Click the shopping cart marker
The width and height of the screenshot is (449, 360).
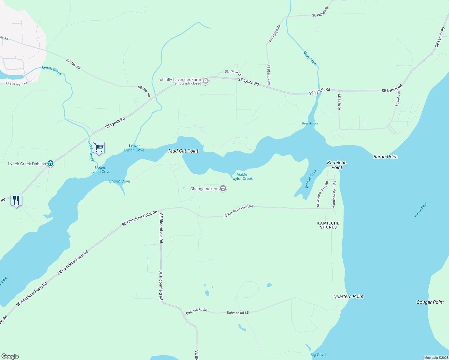point(99,148)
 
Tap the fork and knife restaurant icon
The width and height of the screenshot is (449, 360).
point(16,200)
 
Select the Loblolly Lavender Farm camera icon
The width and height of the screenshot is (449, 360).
point(206,81)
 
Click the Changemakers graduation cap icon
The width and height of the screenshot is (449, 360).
point(223,189)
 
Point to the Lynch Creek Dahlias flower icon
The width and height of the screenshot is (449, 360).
point(50,163)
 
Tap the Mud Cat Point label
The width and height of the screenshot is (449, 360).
point(183,151)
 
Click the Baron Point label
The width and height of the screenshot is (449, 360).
point(385,157)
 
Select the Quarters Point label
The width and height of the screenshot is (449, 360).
point(348,296)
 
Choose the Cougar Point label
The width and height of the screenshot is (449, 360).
point(430,302)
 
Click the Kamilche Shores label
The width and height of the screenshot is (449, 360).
point(328,225)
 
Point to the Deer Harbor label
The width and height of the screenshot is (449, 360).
point(310,123)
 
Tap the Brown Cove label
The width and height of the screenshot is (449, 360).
point(119,181)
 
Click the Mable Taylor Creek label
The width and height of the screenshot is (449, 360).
point(242,176)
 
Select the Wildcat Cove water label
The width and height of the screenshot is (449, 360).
point(311,179)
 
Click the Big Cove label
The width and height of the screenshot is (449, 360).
point(318,355)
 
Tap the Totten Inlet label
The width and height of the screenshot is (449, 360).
point(420,210)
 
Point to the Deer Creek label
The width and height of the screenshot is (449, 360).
point(310,58)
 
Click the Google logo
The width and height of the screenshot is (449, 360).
point(10,356)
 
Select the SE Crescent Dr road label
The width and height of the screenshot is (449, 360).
point(16,84)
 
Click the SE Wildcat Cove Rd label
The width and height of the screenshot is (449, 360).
point(322,193)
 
